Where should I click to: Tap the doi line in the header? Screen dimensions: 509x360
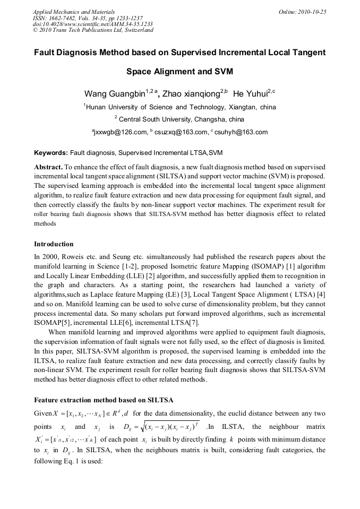(92, 24)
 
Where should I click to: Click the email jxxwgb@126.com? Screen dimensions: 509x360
(121, 132)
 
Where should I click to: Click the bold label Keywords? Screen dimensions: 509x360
(51, 153)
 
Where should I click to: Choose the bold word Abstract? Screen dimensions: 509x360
(48, 167)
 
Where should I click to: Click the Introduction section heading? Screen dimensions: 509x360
(54, 244)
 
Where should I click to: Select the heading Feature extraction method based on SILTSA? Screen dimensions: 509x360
(104, 399)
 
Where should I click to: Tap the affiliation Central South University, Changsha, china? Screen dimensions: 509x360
(182, 119)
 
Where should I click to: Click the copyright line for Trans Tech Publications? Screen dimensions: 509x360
(93, 30)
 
